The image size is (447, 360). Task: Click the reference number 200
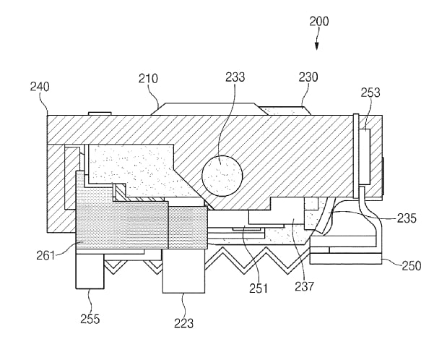click(319, 22)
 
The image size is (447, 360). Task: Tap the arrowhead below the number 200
click(317, 46)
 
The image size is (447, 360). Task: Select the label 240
click(40, 87)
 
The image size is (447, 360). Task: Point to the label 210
click(148, 79)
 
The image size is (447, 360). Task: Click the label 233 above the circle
click(235, 77)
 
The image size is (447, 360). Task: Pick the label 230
click(308, 77)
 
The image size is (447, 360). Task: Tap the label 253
click(370, 93)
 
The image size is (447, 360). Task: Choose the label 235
click(407, 218)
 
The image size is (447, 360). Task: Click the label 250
click(412, 266)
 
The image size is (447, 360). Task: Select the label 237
click(304, 286)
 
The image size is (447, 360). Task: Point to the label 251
click(259, 288)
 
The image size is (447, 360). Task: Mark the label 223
click(184, 323)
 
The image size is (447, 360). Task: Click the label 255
click(90, 319)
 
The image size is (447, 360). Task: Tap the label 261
click(45, 255)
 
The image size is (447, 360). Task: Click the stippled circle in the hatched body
click(222, 176)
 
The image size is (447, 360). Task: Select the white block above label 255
click(90, 271)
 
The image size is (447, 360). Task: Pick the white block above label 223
click(183, 270)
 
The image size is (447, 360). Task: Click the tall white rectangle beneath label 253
click(365, 156)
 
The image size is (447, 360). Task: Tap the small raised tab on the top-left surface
click(100, 113)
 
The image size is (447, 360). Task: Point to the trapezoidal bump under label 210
click(209, 109)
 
